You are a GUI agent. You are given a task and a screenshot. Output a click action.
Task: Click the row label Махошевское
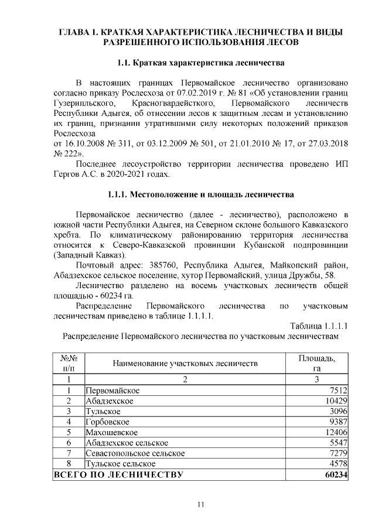point(111,432)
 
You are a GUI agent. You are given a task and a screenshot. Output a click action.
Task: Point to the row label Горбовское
point(108,422)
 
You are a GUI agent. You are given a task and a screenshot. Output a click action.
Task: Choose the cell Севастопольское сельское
point(135,453)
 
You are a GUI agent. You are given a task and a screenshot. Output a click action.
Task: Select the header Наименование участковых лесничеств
point(185,364)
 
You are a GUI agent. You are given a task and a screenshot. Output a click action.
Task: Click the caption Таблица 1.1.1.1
point(319,326)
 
